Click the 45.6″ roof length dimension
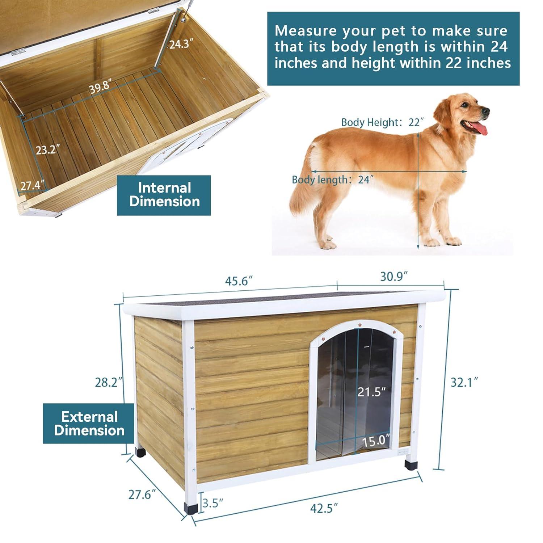pos(239,281)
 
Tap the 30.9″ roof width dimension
pos(394,277)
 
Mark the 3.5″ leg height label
pos(212,503)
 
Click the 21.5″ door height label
pos(371,392)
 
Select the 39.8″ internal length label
pos(100,87)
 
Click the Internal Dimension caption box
pos(164,195)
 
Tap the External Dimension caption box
pos(89,424)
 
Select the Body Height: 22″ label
pos(382,122)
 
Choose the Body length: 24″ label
pos(332,180)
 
